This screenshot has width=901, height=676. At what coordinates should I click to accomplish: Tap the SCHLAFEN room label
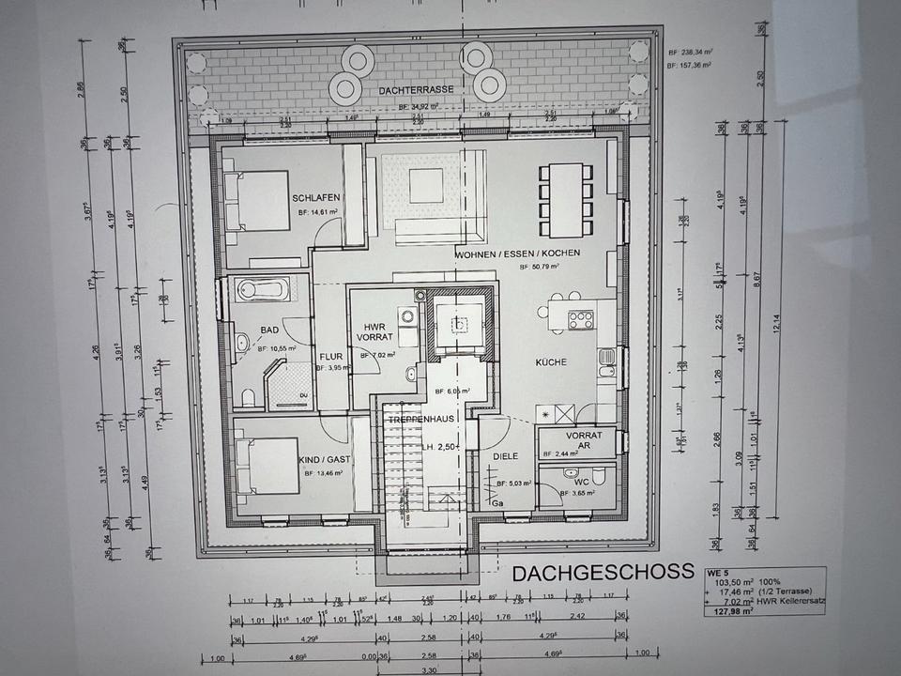(314, 198)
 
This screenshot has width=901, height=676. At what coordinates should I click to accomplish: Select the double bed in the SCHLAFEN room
(257, 202)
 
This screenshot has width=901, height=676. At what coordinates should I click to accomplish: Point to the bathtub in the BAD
(258, 290)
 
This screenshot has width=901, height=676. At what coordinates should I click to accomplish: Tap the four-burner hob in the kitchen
(581, 319)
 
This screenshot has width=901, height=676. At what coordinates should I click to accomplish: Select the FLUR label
(330, 357)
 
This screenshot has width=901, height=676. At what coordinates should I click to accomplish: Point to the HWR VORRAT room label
(375, 331)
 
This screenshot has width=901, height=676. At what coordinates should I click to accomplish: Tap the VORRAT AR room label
(578, 441)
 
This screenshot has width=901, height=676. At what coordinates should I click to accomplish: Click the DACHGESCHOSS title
(603, 572)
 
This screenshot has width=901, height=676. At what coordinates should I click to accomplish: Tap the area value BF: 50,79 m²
(539, 268)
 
